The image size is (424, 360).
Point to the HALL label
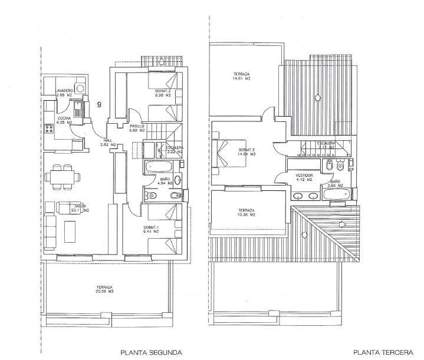tap(107, 140)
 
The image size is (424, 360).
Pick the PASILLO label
tap(137, 126)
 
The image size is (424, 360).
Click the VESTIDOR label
tap(305, 176)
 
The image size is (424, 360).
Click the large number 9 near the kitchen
tap(99, 104)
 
